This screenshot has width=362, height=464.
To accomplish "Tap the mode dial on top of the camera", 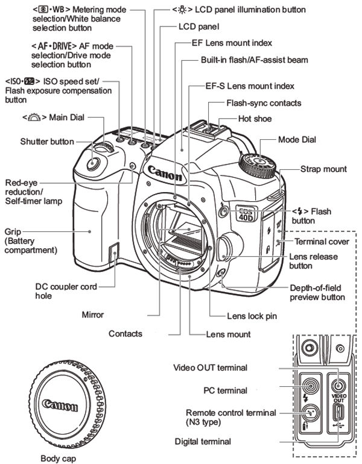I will tap(258, 161).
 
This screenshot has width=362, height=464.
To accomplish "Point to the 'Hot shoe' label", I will tap(255, 119).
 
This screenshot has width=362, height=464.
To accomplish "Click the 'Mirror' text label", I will tap(93, 315).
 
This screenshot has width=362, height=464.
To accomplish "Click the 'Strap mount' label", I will tap(323, 169).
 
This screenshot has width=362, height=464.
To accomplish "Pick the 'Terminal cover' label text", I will tap(322, 242).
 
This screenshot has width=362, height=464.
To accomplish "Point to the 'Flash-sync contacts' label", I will tap(264, 103).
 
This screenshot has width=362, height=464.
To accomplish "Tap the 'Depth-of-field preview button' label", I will tap(317, 292).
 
